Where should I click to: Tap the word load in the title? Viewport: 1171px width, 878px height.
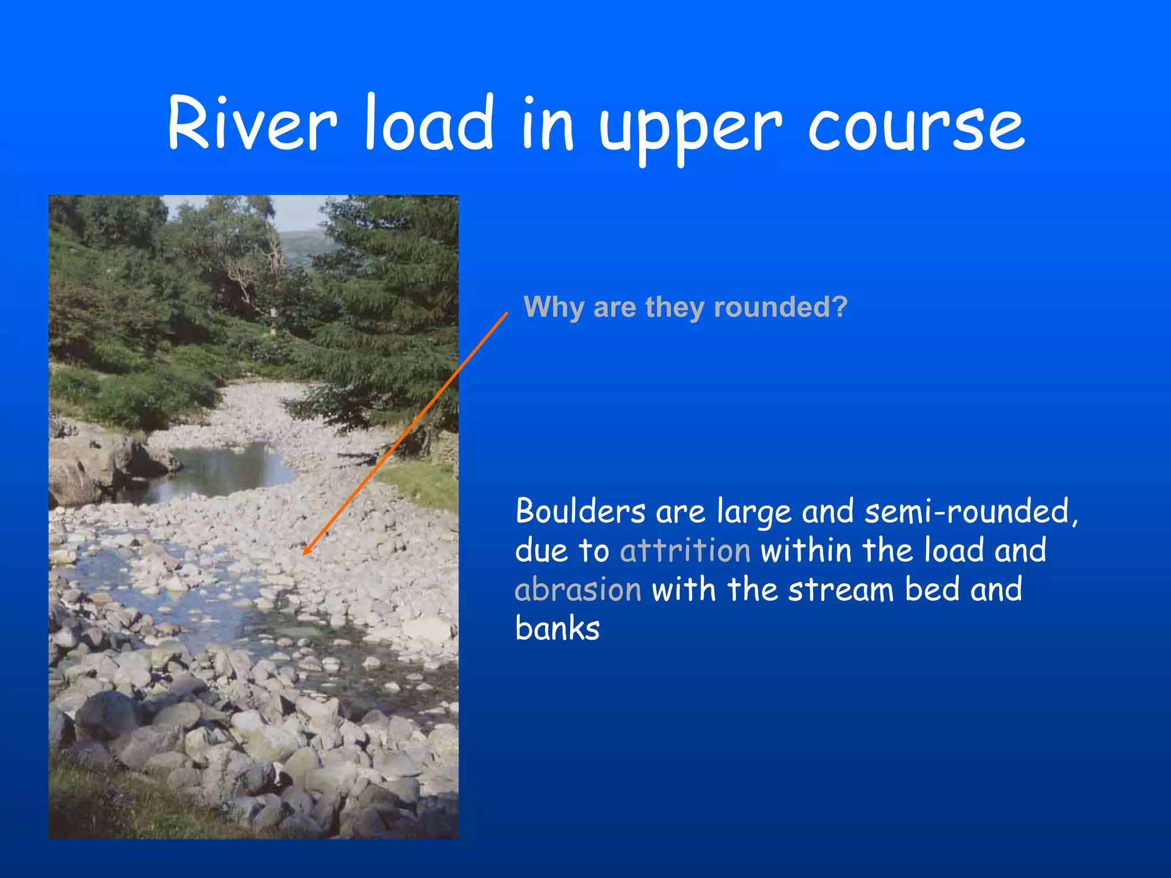pyautogui.click(x=429, y=123)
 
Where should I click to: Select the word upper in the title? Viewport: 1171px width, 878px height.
pyautogui.click(x=690, y=129)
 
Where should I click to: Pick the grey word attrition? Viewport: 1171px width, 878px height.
pyautogui.click(x=685, y=550)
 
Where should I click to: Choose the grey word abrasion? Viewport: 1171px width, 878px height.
pyautogui.click(x=578, y=590)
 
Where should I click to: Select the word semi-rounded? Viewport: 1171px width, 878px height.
pyautogui.click(x=966, y=511)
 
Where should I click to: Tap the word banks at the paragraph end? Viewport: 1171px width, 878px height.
pyautogui.click(x=557, y=629)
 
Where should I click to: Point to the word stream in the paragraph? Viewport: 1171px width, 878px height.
pyautogui.click(x=841, y=590)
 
